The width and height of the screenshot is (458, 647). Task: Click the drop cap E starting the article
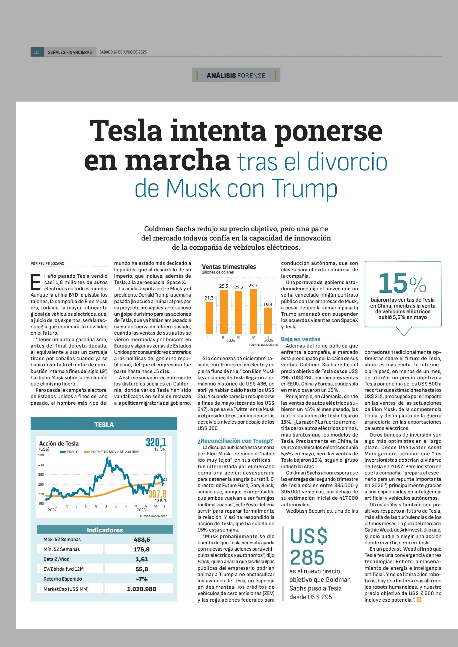36,282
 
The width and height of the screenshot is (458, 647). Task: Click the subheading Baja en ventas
300,339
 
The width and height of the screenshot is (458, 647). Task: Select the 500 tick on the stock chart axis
41,455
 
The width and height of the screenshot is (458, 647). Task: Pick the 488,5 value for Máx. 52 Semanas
142,540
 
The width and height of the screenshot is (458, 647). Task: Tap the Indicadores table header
105,530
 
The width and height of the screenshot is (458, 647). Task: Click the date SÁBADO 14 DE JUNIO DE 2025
123,52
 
